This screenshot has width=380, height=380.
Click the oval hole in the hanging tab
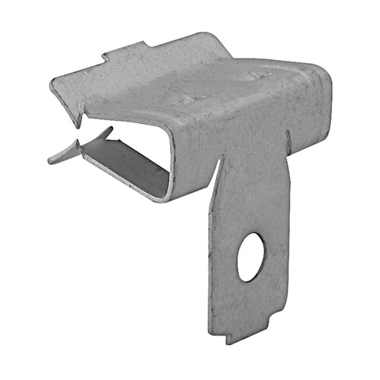tap(251, 257)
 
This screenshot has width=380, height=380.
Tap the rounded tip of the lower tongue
tap(52, 159)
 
